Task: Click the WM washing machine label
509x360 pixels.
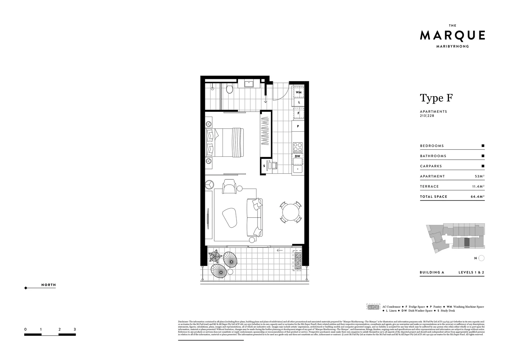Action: (298, 92)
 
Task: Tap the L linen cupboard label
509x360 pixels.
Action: (299, 102)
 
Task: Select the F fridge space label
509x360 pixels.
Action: (298, 113)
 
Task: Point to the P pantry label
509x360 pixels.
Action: (298, 126)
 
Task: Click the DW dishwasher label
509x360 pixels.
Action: (297, 156)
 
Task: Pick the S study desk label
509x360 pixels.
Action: (264, 166)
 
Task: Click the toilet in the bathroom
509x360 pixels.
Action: (229, 89)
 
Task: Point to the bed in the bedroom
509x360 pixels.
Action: (226, 142)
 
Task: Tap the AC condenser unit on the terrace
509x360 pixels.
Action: (297, 260)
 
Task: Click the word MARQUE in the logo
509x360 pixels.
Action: (452, 35)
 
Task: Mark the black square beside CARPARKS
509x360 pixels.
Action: (483, 166)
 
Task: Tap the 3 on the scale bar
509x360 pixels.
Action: (75, 329)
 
